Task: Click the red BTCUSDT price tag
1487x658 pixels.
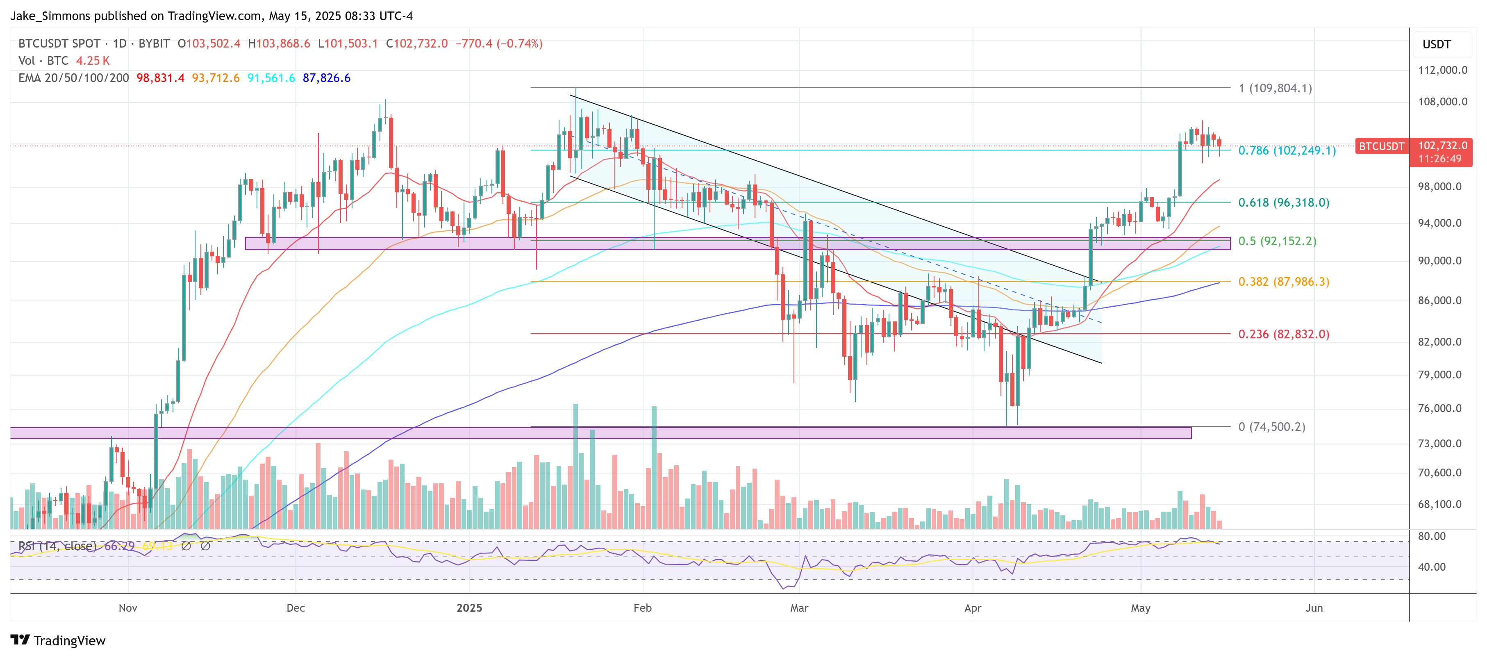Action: point(1381,146)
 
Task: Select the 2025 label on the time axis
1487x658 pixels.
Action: point(469,608)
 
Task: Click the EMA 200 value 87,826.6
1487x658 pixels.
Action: point(326,78)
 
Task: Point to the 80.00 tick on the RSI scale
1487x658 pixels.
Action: point(1432,536)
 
